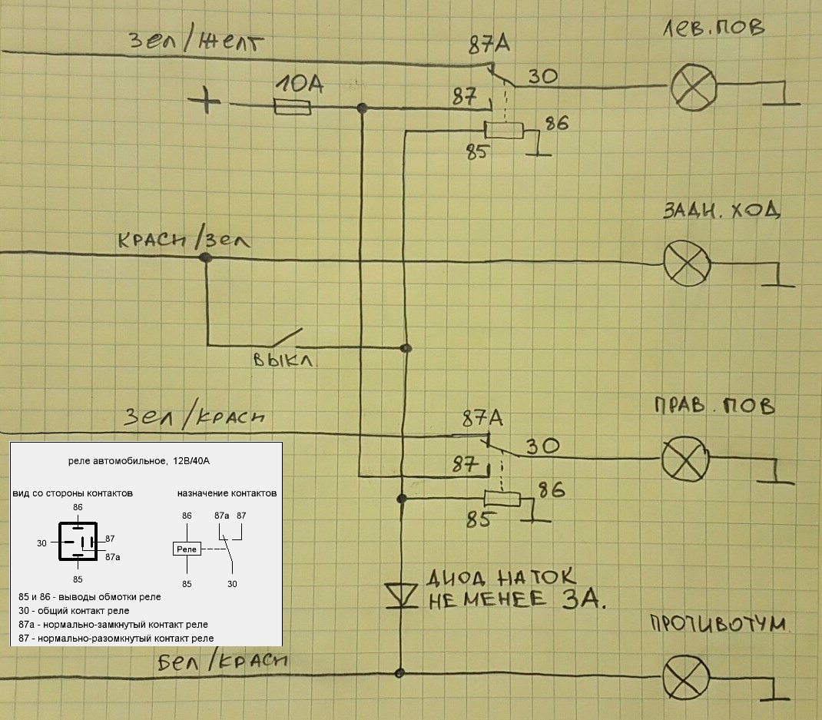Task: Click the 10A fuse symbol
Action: coord(292,109)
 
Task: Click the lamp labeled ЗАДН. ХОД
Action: coord(688,263)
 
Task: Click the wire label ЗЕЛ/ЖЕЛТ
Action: coord(196,41)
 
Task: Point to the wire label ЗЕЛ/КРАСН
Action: coord(195,416)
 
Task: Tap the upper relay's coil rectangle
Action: coord(504,130)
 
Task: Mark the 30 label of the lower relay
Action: coord(543,446)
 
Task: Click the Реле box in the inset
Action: coord(187,549)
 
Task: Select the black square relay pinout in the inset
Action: coord(78,542)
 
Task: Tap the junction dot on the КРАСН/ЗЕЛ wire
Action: coord(205,259)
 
